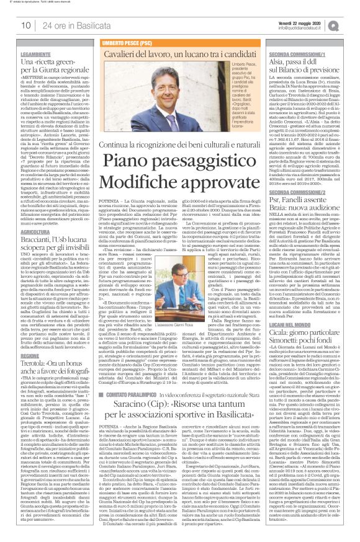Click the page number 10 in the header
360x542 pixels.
(26, 25)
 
